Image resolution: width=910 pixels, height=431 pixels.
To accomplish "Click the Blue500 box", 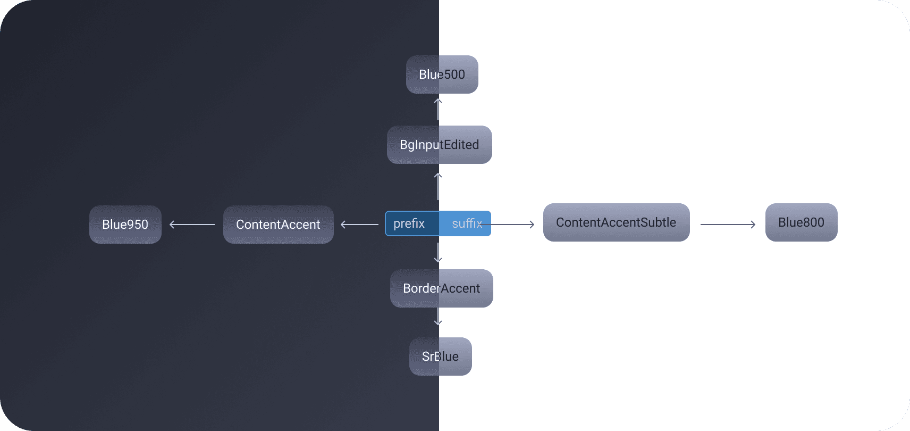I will point(442,74).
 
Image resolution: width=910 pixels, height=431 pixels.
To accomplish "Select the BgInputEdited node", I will point(439,145).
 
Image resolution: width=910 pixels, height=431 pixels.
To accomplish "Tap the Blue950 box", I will point(125,225).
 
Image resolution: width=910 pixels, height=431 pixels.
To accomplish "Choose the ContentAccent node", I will point(278,225).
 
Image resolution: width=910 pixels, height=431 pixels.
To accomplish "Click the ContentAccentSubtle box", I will point(616,222).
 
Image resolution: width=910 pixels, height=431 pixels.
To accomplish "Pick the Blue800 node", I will point(801,222).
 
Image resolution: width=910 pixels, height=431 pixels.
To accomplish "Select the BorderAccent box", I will point(441,288).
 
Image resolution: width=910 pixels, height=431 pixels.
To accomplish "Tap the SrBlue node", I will point(440,357).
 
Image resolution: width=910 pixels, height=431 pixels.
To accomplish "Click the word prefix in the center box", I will point(409,223).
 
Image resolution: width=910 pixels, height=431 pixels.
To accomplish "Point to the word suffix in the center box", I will point(467,223).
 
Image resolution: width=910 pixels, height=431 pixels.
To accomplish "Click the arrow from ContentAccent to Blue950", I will point(192,225).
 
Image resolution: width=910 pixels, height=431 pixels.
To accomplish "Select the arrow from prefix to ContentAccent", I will point(359,225).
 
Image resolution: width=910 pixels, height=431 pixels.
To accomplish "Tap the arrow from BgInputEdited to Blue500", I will point(438,109).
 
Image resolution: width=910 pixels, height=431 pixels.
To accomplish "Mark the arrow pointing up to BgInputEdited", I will point(438,186).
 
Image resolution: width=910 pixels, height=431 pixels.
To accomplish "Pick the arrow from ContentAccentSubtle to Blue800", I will point(728,225).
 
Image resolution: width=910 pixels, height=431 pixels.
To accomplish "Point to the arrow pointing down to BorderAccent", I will point(438,253).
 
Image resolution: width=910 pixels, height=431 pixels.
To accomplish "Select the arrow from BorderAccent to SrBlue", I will point(438,317).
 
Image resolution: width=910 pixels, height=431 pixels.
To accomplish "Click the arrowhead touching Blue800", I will point(753,225).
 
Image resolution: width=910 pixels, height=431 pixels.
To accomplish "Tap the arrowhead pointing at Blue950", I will point(172,225).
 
